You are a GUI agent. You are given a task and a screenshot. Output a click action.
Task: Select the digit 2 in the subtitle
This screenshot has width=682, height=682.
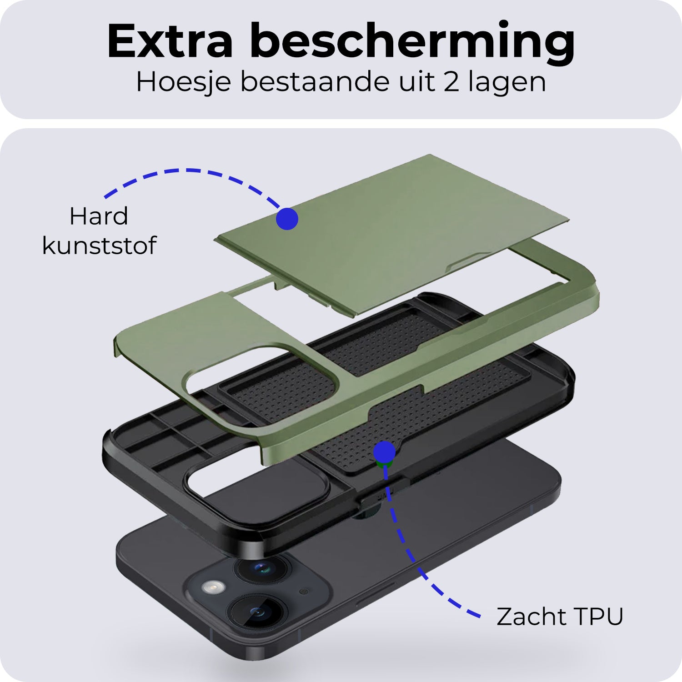pyautogui.click(x=451, y=82)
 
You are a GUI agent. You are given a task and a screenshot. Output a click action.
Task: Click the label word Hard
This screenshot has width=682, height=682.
pyautogui.click(x=99, y=216)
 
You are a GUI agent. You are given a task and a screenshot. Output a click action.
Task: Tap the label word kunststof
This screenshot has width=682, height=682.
pyautogui.click(x=99, y=246)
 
